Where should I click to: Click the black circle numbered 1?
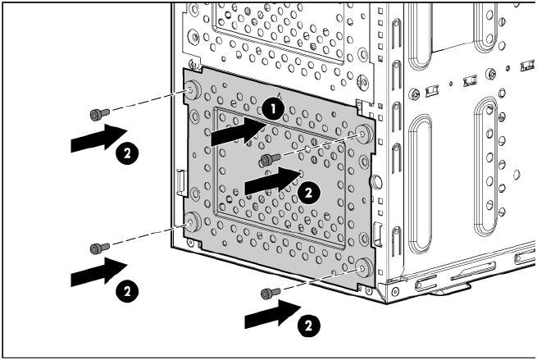pyautogui.click(x=273, y=109)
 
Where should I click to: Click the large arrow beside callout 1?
pyautogui.click(x=239, y=131)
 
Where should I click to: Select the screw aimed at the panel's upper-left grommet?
pyautogui.click(x=100, y=114)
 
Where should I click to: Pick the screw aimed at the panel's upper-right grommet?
pyautogui.click(x=271, y=159)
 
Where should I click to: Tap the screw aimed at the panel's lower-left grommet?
pyautogui.click(x=100, y=248)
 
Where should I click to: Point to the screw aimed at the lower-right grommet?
pyautogui.click(x=271, y=294)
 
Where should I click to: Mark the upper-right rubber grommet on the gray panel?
pyautogui.click(x=363, y=134)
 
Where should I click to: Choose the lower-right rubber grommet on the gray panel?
pyautogui.click(x=363, y=268)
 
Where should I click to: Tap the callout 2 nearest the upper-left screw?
pyautogui.click(x=127, y=153)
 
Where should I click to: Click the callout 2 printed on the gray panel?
pyautogui.click(x=308, y=193)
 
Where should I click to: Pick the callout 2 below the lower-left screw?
pyautogui.click(x=127, y=291)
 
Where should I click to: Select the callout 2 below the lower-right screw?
pyautogui.click(x=308, y=326)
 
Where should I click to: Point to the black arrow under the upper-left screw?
pyautogui.click(x=99, y=138)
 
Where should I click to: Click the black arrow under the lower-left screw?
pyautogui.click(x=99, y=272)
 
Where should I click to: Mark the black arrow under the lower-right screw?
pyautogui.click(x=273, y=314)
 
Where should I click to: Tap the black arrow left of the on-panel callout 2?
pyautogui.click(x=273, y=181)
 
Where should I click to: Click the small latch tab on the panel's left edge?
pyautogui.click(x=181, y=182)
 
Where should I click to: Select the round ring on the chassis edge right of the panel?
pyautogui.click(x=376, y=181)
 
